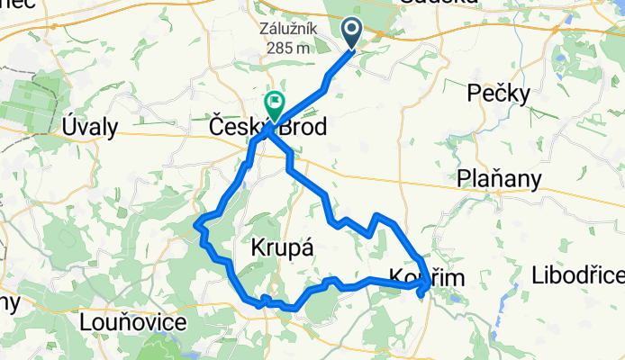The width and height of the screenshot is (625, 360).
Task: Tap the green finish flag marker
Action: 272,105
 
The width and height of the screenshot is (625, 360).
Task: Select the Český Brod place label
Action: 267,127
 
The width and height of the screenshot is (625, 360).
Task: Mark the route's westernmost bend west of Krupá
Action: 196,223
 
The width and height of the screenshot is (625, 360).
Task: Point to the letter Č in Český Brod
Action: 218,127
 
